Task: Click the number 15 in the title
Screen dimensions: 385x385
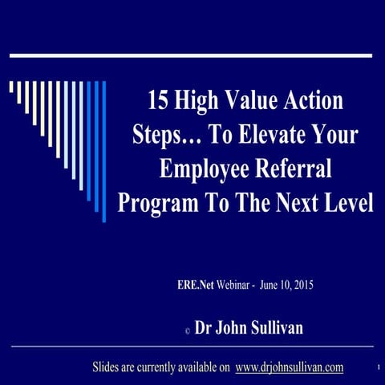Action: click(x=158, y=101)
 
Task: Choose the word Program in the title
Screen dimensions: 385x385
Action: click(x=152, y=202)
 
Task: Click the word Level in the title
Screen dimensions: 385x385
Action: click(x=347, y=202)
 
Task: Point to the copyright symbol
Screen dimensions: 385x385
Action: click(x=186, y=330)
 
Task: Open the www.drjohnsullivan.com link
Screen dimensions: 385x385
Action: click(x=290, y=367)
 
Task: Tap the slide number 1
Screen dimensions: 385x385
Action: click(x=376, y=369)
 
